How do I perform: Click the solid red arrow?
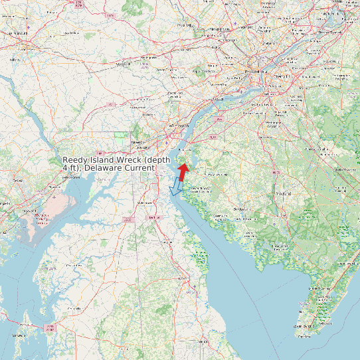tap(183, 171)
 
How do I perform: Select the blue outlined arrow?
tap(176, 187)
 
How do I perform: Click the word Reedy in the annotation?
tap(76, 161)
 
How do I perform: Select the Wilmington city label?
tap(181, 125)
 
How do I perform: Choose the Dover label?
tap(154, 218)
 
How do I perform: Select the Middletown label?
tap(143, 201)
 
